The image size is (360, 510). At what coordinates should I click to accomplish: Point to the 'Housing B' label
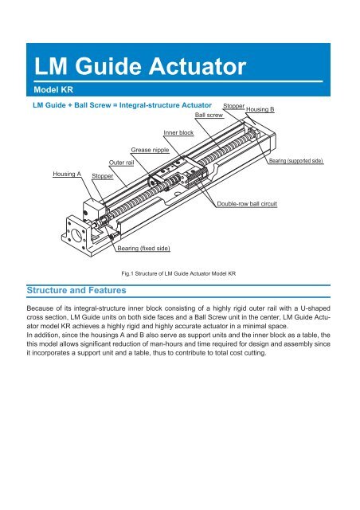pos(260,109)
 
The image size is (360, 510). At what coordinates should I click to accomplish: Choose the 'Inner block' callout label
pos(178,132)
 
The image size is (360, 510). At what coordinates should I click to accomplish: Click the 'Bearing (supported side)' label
pos(295,161)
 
